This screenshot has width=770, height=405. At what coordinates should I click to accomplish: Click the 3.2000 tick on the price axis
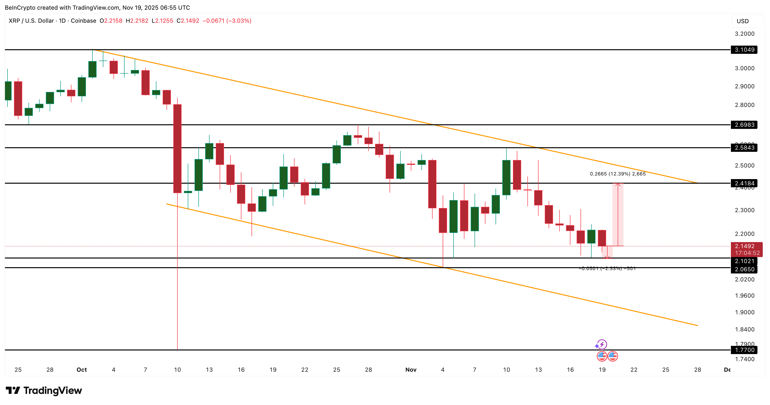[x=744, y=34]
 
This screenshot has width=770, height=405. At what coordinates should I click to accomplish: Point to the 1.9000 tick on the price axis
[x=744, y=312]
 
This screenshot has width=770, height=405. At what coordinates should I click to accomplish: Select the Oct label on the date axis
[x=82, y=370]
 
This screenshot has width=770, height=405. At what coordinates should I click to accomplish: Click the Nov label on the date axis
[x=411, y=370]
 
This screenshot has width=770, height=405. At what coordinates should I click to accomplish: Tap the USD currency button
[x=742, y=21]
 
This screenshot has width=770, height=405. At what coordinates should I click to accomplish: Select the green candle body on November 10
[x=506, y=178]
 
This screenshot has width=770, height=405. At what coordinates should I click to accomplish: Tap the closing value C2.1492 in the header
[x=188, y=21]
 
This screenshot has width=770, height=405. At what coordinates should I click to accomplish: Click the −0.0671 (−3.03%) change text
[x=227, y=21]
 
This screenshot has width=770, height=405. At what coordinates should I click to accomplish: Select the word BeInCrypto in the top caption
[x=19, y=7]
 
